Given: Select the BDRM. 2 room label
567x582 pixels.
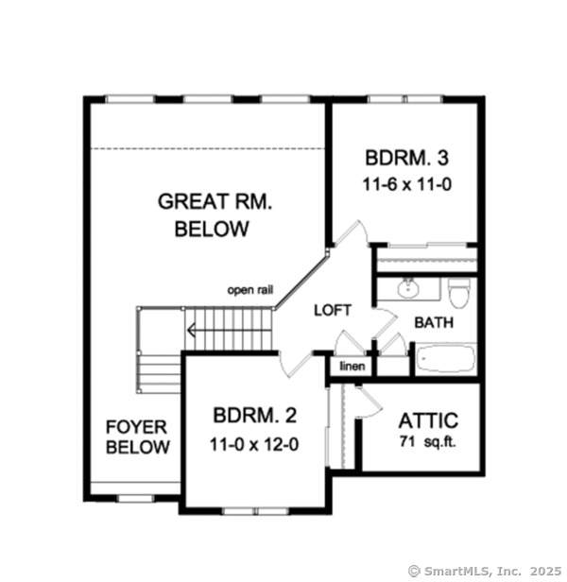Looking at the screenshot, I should (x=255, y=416).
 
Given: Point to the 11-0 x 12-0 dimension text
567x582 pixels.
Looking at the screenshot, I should (x=255, y=443).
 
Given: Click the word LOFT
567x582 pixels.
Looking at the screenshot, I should (x=333, y=309).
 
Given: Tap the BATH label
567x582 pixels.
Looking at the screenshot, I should (x=434, y=322).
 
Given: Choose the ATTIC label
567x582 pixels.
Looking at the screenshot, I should (x=428, y=420).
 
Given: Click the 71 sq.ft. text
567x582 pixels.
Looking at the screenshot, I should (x=428, y=442).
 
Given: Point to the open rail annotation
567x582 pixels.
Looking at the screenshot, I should (x=249, y=290).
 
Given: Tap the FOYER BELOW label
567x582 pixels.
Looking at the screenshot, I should (x=138, y=436).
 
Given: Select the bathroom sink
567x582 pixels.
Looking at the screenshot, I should (x=410, y=287).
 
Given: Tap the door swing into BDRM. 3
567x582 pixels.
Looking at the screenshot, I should (x=350, y=236).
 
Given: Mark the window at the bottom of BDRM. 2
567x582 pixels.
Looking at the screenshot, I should (x=255, y=511).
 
